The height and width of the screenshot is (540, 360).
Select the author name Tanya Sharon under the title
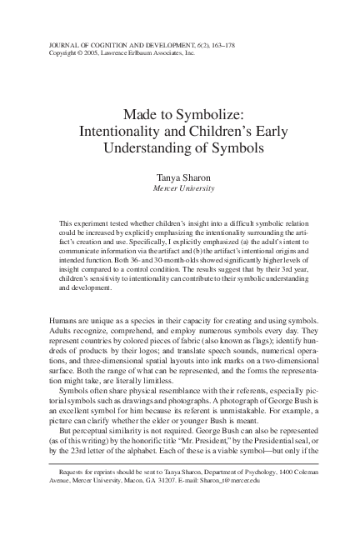point(180,178)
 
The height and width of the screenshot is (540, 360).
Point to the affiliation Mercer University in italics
point(180,189)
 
